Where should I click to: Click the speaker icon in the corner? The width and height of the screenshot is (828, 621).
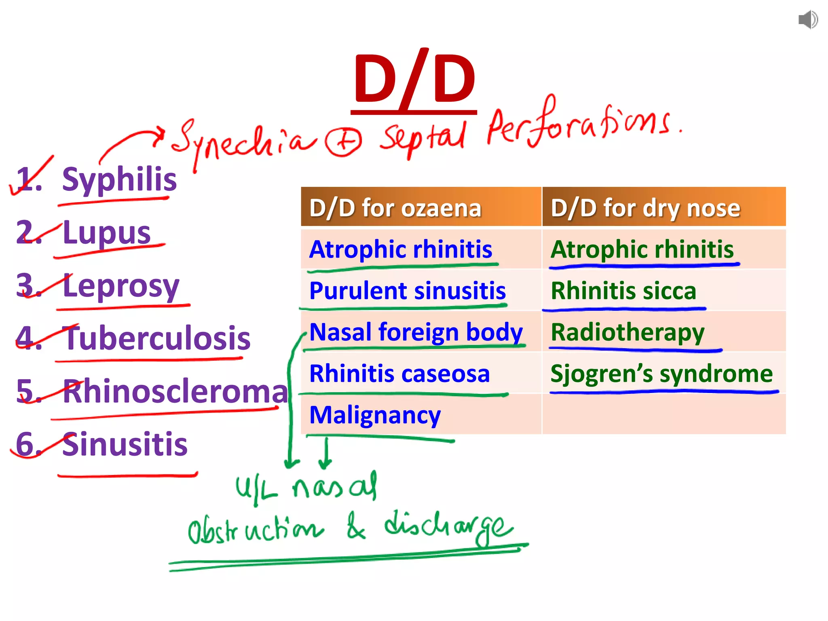click(x=808, y=20)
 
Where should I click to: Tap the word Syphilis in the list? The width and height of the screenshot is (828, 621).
click(x=119, y=180)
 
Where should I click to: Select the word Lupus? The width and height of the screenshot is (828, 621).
click(x=107, y=232)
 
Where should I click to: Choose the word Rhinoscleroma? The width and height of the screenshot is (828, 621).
click(x=175, y=391)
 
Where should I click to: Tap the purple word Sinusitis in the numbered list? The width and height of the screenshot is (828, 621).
click(x=125, y=444)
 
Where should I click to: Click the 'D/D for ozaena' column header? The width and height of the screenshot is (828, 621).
click(x=395, y=208)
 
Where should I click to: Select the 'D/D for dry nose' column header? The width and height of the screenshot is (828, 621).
click(x=645, y=208)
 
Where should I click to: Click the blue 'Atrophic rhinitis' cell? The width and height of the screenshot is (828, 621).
click(x=401, y=249)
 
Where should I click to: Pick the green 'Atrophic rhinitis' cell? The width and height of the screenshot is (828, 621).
click(x=642, y=249)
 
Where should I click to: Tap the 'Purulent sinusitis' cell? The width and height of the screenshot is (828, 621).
click(x=408, y=291)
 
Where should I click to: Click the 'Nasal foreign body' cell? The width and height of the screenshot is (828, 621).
click(x=416, y=332)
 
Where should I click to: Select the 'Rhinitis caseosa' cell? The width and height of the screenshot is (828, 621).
click(x=399, y=374)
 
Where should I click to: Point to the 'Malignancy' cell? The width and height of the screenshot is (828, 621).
click(x=375, y=415)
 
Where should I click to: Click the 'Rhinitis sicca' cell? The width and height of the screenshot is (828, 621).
click(x=623, y=291)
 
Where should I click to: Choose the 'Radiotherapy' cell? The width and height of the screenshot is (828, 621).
click(x=627, y=332)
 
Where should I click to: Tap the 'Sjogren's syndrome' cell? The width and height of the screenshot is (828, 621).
click(x=661, y=374)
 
